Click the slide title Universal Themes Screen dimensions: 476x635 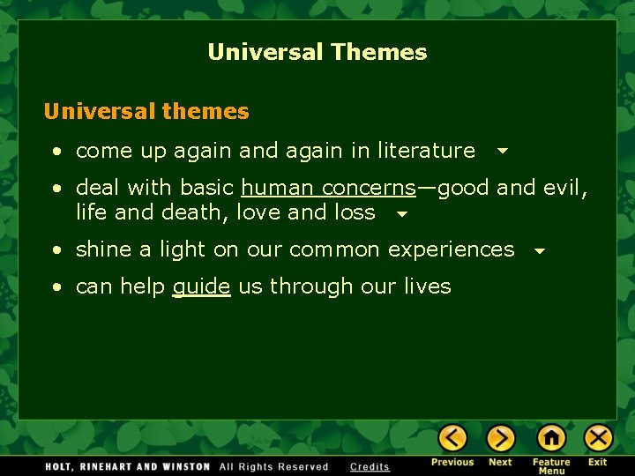click(x=317, y=52)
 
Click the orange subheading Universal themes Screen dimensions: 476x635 click(x=146, y=112)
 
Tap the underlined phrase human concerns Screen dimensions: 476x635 click(x=328, y=188)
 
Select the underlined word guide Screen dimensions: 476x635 click(x=201, y=286)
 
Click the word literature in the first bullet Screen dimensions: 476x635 click(x=426, y=151)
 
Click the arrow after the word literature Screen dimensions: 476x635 click(x=502, y=152)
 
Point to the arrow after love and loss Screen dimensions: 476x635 click(x=401, y=213)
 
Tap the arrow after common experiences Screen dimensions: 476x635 click(x=540, y=251)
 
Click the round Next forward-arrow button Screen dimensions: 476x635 click(x=500, y=438)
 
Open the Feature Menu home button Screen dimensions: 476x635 click(x=551, y=438)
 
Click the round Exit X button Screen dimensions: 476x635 click(x=598, y=438)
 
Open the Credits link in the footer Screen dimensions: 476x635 click(x=370, y=466)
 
